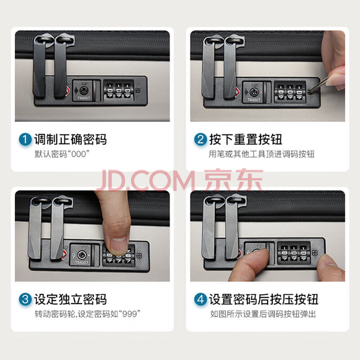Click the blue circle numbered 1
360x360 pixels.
point(25,139)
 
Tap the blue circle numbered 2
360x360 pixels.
point(200,139)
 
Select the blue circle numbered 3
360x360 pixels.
point(25,299)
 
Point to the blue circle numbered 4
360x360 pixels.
point(200,299)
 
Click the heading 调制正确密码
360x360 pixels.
point(71,139)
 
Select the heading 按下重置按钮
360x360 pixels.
point(246,139)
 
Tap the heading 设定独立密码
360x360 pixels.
point(71,299)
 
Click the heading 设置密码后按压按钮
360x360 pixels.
point(264,299)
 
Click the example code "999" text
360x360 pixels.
point(129,314)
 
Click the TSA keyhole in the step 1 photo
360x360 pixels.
point(83,90)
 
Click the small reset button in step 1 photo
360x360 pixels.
point(138,90)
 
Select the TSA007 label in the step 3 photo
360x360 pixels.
point(81,262)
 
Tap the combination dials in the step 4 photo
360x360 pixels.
point(294,253)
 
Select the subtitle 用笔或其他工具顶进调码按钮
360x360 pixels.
point(261,154)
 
